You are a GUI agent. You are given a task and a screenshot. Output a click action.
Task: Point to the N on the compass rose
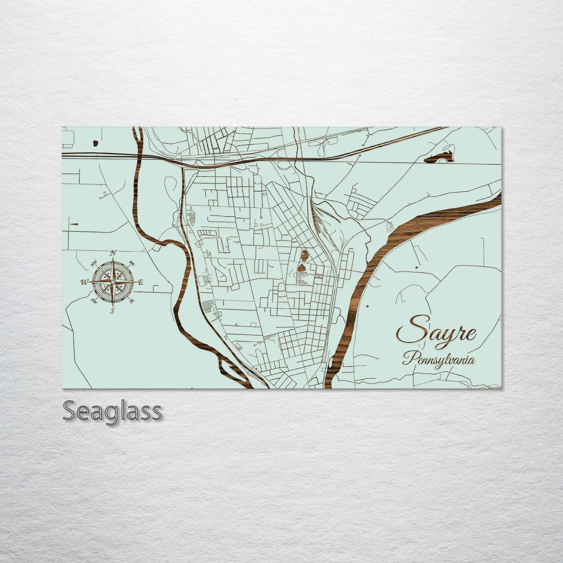click(x=113, y=253)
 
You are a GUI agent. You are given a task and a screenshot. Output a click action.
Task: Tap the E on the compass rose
click(x=141, y=282)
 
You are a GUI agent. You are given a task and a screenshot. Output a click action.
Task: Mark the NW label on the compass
click(x=94, y=264)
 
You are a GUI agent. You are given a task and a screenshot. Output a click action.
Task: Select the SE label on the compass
click(x=132, y=300)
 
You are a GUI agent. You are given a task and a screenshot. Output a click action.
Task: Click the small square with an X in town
click(x=319, y=276)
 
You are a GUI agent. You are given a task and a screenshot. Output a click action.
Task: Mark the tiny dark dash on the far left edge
click(x=74, y=224)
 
